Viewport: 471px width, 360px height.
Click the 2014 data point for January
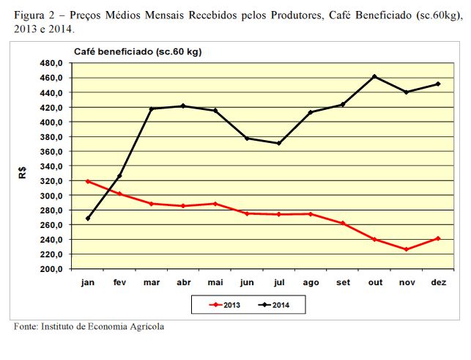(88, 218)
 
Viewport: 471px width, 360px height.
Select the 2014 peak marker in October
(374, 77)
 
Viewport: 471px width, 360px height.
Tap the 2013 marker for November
(406, 249)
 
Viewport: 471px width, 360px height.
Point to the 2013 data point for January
(88, 181)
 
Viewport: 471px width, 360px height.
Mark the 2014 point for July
(279, 144)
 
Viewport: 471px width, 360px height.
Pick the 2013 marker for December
(438, 238)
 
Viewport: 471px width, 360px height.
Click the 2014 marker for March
(152, 109)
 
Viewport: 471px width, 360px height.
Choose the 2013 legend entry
(224, 305)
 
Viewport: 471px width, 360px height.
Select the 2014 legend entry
(274, 305)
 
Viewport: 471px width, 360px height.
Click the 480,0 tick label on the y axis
(51, 64)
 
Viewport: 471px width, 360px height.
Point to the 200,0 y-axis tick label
(51, 269)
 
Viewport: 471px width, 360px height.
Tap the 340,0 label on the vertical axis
(51, 166)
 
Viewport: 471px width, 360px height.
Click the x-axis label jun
(247, 283)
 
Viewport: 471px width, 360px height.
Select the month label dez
(439, 282)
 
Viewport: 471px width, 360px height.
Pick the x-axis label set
(343, 282)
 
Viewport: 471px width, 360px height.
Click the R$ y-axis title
(23, 173)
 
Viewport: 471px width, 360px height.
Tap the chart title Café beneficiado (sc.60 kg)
(138, 52)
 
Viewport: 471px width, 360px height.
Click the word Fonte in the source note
(26, 326)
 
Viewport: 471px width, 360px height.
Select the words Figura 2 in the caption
(34, 15)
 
